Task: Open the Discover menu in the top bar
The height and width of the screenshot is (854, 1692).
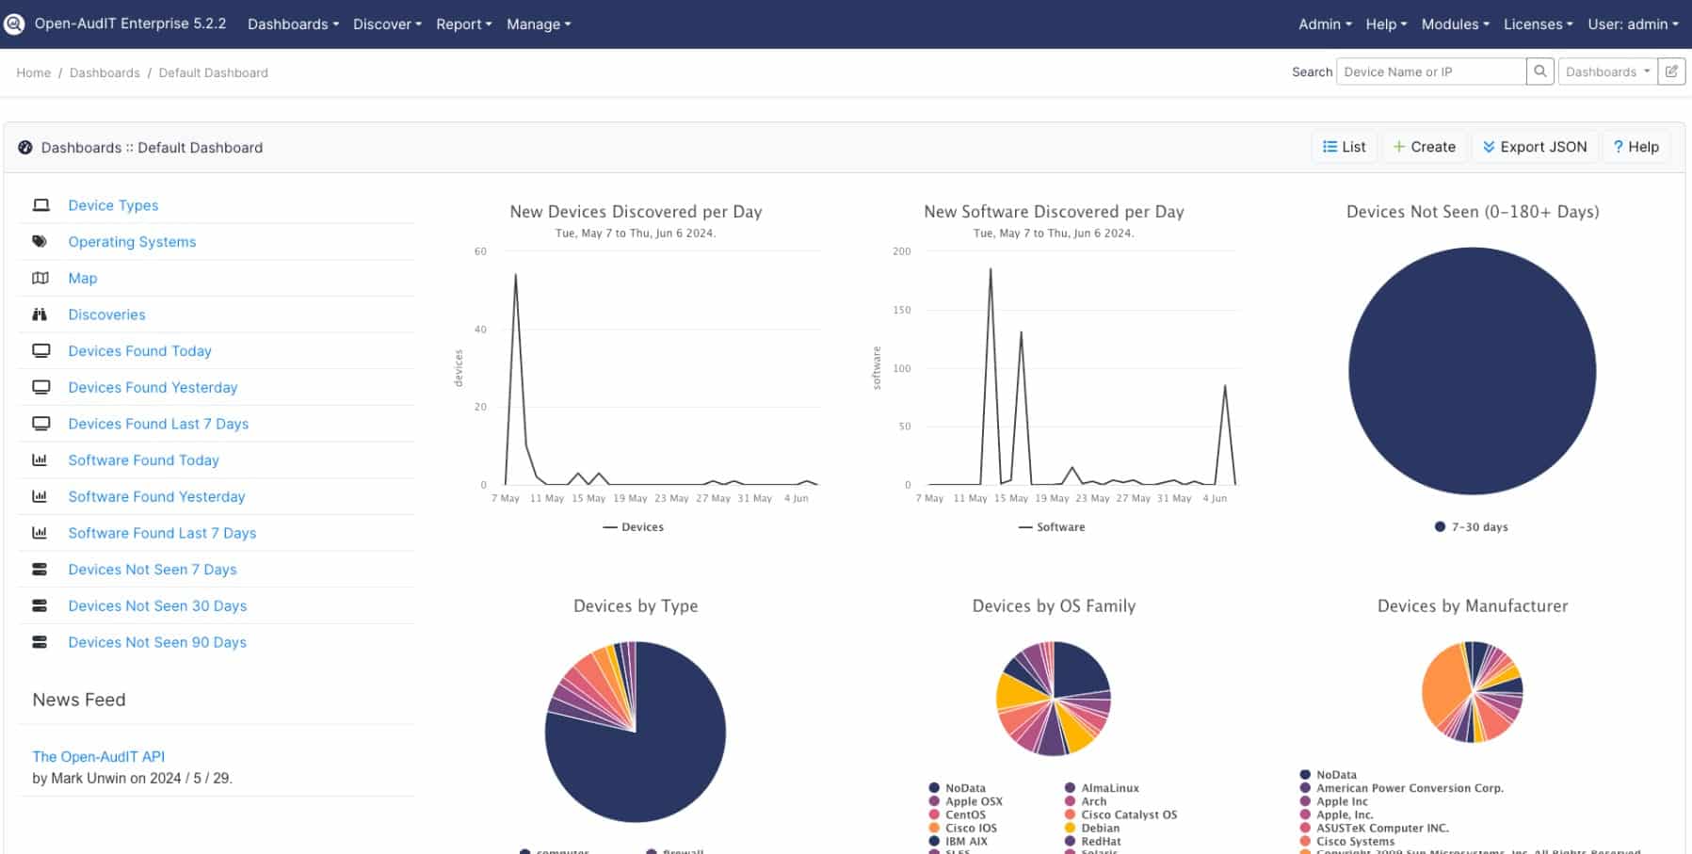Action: click(x=386, y=24)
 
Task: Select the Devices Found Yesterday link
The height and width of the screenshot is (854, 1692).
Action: click(x=153, y=387)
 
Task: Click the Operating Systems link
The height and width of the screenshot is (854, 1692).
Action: click(x=132, y=242)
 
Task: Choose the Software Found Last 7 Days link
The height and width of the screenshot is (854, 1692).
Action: click(x=162, y=533)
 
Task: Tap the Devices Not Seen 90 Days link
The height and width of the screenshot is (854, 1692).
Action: click(x=157, y=642)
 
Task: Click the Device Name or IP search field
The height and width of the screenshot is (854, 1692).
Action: click(x=1429, y=72)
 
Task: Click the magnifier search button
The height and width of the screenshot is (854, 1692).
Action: click(x=1539, y=72)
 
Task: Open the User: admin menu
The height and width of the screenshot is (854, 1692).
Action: click(x=1632, y=24)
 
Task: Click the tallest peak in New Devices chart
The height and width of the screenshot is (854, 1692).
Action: click(x=515, y=275)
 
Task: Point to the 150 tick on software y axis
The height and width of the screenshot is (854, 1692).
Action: click(x=902, y=310)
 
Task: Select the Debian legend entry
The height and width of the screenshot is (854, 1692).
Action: click(x=1099, y=829)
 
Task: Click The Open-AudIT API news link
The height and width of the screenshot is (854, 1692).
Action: click(x=98, y=756)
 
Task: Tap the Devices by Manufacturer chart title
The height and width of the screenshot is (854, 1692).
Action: click(x=1472, y=606)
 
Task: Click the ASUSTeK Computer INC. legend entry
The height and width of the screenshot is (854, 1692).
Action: click(x=1381, y=829)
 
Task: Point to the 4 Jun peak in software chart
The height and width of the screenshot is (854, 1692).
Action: click(x=1224, y=386)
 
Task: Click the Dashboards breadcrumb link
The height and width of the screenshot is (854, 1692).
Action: click(x=105, y=73)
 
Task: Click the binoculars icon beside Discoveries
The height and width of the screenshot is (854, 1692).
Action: click(x=40, y=314)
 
